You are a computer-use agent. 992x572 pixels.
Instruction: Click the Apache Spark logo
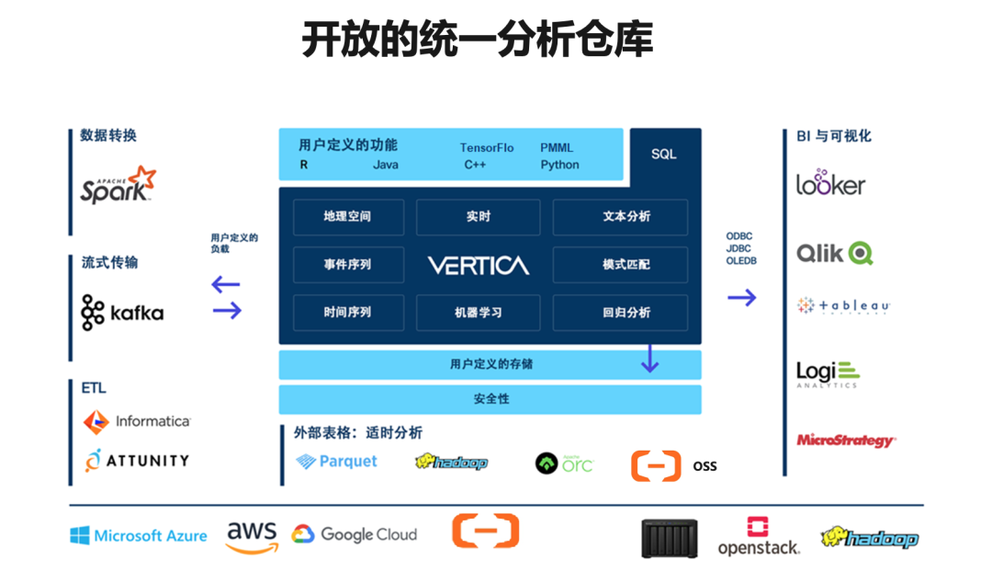pos(118,185)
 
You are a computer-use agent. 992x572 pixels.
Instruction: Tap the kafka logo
pos(122,313)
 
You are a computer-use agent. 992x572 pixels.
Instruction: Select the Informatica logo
pos(137,421)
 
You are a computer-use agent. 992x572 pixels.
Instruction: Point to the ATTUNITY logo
pos(137,460)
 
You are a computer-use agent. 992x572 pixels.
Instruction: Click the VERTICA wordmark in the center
pos(478,266)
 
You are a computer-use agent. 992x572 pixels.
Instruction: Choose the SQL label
pos(663,154)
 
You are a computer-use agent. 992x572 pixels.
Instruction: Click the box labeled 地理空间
pos(347,217)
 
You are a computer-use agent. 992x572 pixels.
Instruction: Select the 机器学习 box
pos(478,313)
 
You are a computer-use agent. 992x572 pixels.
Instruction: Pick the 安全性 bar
pos(490,399)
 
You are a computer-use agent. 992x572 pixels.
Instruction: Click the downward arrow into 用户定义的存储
pos(649,358)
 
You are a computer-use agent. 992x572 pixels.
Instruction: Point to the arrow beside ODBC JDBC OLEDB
pos(741,297)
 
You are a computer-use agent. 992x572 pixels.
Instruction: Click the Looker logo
pos(830,182)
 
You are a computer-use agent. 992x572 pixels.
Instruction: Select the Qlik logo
pos(834,253)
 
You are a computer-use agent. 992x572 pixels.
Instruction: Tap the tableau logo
pos(843,306)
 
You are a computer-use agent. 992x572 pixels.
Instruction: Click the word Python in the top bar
pos(559,165)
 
